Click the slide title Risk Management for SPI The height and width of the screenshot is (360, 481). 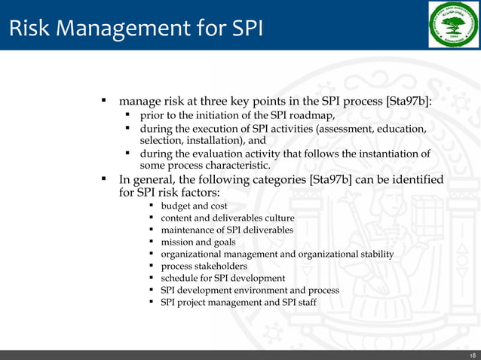click(136, 29)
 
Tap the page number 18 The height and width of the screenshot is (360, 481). click(472, 355)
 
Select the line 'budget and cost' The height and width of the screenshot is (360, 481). click(194, 206)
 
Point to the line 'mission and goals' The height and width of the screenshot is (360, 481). click(198, 242)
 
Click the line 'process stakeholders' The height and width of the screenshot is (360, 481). click(204, 266)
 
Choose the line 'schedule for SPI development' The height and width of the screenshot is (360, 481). click(222, 278)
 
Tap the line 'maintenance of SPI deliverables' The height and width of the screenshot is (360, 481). click(227, 230)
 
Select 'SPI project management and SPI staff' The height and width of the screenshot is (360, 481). click(239, 302)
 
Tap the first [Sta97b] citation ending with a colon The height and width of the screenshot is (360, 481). click(409, 100)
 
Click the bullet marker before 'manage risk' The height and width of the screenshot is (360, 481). click(103, 100)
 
